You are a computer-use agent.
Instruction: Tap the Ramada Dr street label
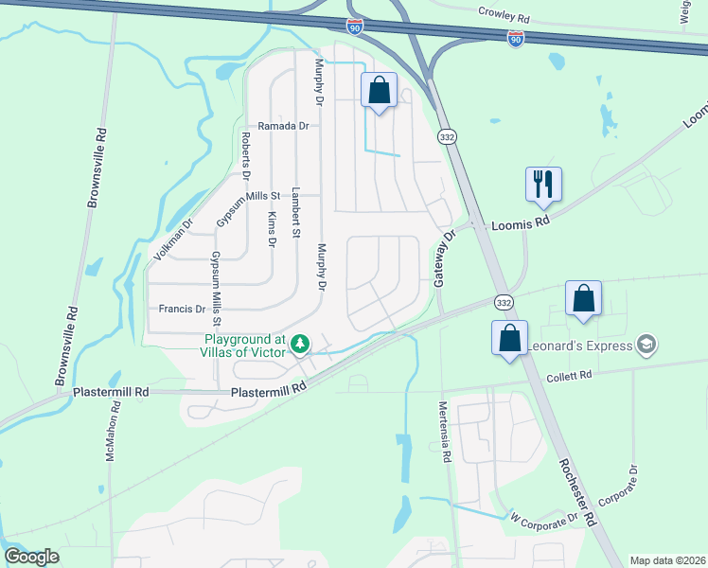click(x=284, y=125)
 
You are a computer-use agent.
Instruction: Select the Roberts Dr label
click(x=245, y=155)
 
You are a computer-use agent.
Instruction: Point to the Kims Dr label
click(x=272, y=228)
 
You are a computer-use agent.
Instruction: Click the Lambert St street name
click(x=295, y=211)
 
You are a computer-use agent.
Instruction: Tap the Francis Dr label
click(x=182, y=309)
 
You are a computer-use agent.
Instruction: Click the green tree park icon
click(x=300, y=343)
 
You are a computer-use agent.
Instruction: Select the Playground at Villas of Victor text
click(x=247, y=346)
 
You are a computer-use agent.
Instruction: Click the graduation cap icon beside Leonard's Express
click(x=647, y=344)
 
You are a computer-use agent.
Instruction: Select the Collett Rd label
click(x=569, y=376)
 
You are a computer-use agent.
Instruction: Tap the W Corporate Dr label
click(x=543, y=519)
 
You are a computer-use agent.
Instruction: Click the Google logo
click(x=31, y=557)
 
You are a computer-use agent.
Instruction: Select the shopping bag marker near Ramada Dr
click(x=379, y=92)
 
